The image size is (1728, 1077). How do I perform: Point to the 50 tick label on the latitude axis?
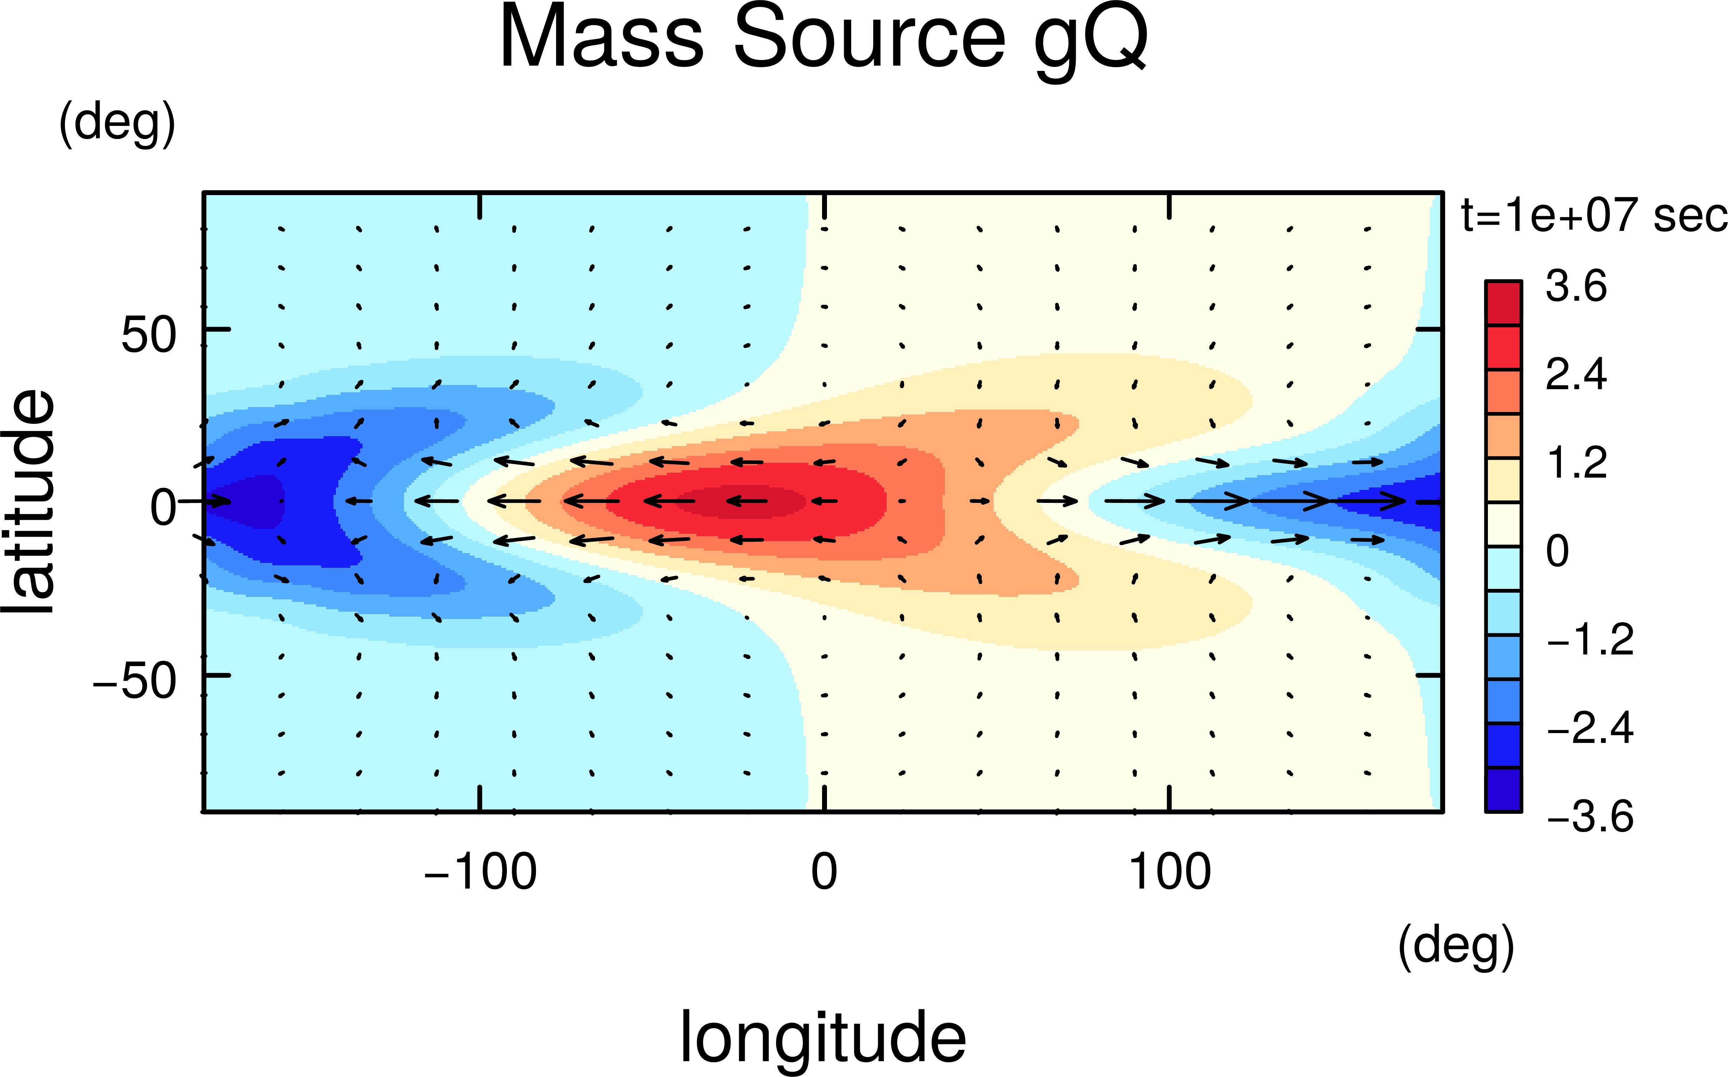pyautogui.click(x=148, y=335)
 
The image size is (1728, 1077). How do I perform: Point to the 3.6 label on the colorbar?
pyautogui.click(x=1576, y=286)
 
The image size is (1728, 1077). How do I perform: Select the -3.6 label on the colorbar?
pyautogui.click(x=1590, y=816)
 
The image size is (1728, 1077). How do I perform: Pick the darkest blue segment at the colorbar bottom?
pyautogui.click(x=1503, y=789)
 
